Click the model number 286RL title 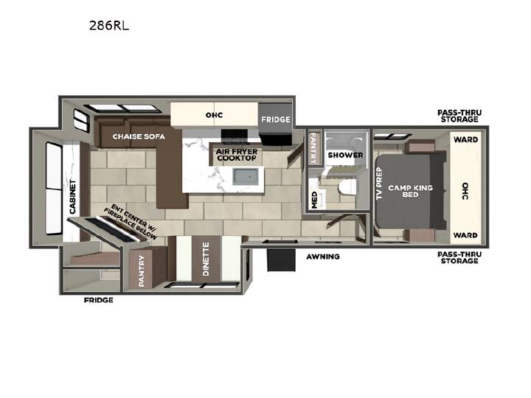109,26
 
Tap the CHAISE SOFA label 139,136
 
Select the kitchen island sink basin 248,177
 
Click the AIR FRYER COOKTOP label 237,155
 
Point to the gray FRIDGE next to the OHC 275,119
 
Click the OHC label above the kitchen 215,115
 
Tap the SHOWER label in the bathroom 345,155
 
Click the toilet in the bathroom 347,187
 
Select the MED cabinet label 314,200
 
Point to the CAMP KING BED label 411,191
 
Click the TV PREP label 379,184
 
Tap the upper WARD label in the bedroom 465,139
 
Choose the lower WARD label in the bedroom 465,235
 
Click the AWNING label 323,256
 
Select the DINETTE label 206,259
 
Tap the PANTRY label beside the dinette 142,271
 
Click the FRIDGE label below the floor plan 99,300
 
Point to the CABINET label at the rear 72,197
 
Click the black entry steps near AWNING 281,260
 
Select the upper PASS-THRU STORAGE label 459,116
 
